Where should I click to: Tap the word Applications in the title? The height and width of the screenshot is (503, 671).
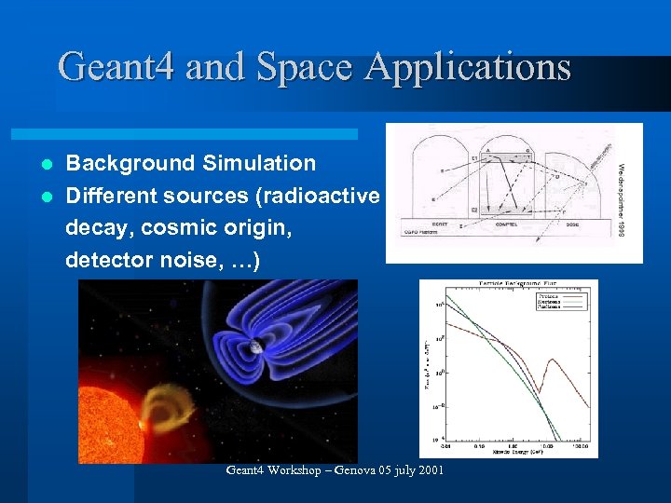coord(468,67)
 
